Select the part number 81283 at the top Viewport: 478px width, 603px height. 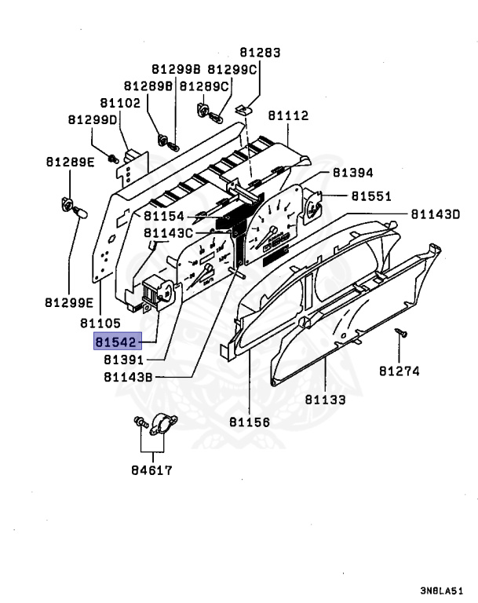pos(259,53)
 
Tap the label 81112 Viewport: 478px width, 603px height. pos(288,115)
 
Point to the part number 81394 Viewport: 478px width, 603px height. pos(352,173)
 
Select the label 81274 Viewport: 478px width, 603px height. pos(400,371)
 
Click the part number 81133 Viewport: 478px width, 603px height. pos(325,400)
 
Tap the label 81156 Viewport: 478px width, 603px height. pos(250,422)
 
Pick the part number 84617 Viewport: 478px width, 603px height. pos(151,471)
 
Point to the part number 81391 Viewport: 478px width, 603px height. pos(122,360)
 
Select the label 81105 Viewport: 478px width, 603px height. pos(100,322)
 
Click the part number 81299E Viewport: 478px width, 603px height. pos(69,302)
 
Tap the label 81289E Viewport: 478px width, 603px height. pos(68,163)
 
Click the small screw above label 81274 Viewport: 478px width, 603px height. pos(400,334)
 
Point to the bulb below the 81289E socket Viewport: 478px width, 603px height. pos(79,212)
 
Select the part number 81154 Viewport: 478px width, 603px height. pos(164,216)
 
